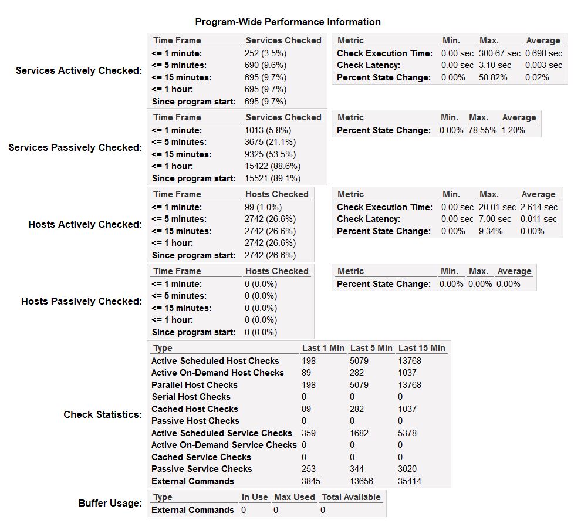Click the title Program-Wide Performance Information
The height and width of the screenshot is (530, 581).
pos(288,22)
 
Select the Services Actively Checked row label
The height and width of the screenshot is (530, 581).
pos(79,71)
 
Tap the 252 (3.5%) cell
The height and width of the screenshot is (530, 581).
pos(265,53)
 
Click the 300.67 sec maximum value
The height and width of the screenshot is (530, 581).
pos(499,53)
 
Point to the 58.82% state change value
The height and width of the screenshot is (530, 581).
pos(493,77)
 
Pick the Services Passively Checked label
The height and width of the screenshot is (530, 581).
pos(75,148)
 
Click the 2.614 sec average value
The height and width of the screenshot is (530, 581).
pos(539,207)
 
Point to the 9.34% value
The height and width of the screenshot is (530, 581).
pos(491,231)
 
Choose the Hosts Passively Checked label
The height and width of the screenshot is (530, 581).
pos(82,302)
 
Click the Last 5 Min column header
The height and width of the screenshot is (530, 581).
pos(371,348)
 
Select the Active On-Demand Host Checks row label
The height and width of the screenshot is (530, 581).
pos(217,373)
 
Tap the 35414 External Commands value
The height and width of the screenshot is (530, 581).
pos(410,481)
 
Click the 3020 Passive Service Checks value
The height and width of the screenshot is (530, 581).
pos(408,469)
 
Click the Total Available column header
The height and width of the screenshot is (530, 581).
pos(351,497)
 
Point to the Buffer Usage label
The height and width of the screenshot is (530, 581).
pos(110,504)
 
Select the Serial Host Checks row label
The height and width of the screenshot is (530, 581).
pos(191,397)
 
